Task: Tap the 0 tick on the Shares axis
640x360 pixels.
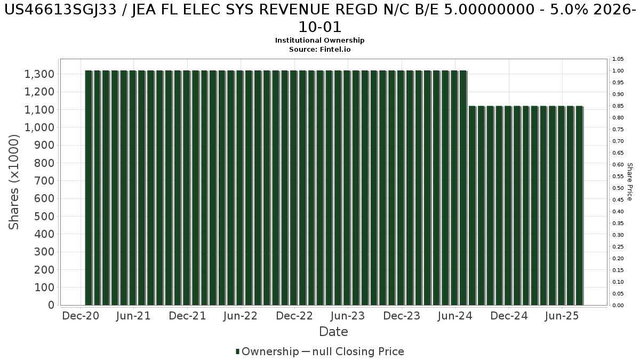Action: [x=51, y=305]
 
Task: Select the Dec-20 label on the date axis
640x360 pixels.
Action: [x=80, y=316]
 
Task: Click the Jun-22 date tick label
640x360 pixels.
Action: [x=241, y=316]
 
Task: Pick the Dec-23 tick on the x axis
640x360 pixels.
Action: [x=402, y=316]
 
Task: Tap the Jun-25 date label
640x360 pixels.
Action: [x=562, y=316]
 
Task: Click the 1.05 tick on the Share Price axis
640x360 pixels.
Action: [x=618, y=59]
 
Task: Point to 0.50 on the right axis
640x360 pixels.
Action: [x=618, y=188]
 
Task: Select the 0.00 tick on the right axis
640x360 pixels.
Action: [x=618, y=306]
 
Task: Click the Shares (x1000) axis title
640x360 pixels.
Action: [x=14, y=182]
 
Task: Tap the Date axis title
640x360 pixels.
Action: [x=333, y=332]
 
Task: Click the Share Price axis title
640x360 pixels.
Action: [x=629, y=182]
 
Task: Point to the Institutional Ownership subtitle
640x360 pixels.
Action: [x=319, y=41]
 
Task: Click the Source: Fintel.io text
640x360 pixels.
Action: [x=319, y=49]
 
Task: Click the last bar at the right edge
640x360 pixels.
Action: [x=579, y=205]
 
